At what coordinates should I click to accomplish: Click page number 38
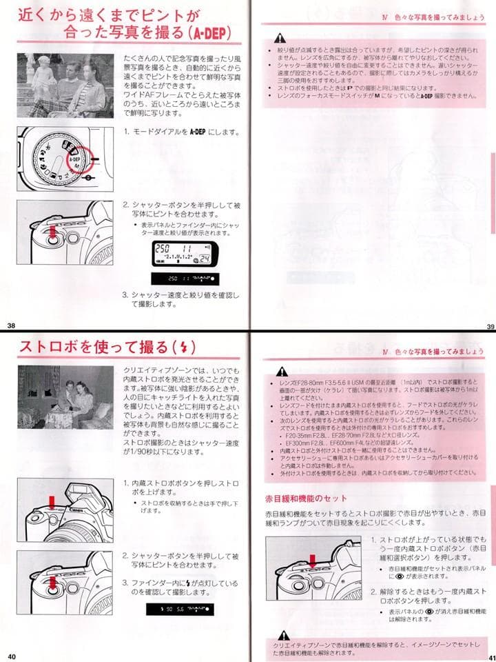(x=10, y=325)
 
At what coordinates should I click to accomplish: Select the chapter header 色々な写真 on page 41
(x=436, y=352)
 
